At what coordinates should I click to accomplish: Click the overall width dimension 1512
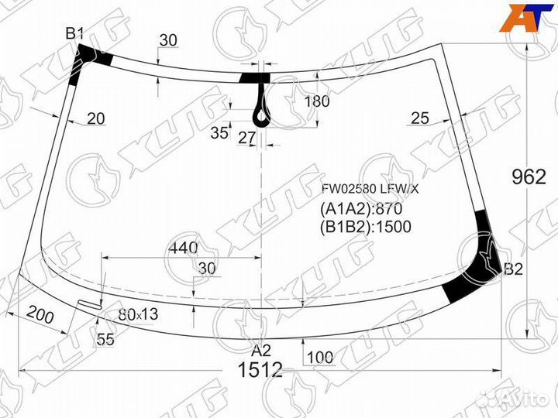(260, 370)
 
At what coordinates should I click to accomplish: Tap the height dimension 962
(529, 176)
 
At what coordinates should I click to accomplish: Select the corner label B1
(74, 33)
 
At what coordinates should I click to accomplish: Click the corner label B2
(513, 270)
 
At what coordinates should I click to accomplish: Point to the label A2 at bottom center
(261, 349)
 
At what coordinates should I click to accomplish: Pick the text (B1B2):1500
(365, 226)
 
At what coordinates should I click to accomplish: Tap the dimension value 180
(316, 101)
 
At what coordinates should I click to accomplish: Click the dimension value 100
(319, 357)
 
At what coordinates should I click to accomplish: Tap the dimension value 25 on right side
(419, 118)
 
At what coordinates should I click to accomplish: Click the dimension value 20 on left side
(96, 118)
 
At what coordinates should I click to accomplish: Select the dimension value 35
(219, 132)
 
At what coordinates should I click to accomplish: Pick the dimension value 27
(246, 139)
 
